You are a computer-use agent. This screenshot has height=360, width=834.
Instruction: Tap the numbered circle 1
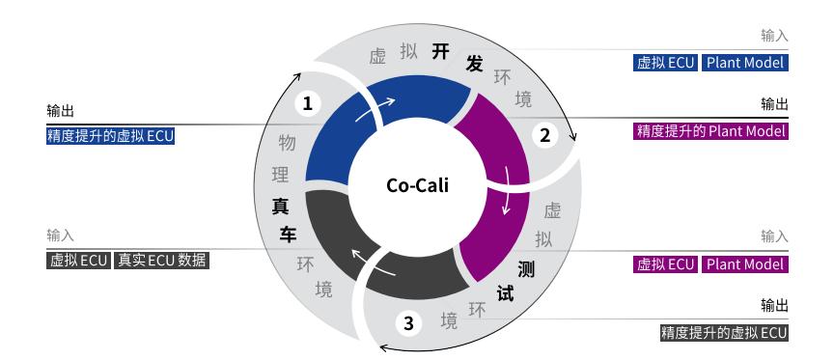307,102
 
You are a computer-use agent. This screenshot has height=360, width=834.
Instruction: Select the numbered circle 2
544,136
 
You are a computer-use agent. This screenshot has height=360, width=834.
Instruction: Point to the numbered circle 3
408,322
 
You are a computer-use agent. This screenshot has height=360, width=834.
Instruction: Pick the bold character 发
474,63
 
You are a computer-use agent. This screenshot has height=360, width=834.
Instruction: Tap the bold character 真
280,205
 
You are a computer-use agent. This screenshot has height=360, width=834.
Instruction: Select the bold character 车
288,235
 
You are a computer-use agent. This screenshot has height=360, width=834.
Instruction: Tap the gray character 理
280,175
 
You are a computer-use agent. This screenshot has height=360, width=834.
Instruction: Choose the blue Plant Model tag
744,64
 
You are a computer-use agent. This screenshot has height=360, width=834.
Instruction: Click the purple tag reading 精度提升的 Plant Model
711,131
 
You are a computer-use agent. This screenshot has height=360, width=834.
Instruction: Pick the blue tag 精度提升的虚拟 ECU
111,136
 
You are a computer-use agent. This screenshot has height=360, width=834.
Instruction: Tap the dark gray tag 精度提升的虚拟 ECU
724,334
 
